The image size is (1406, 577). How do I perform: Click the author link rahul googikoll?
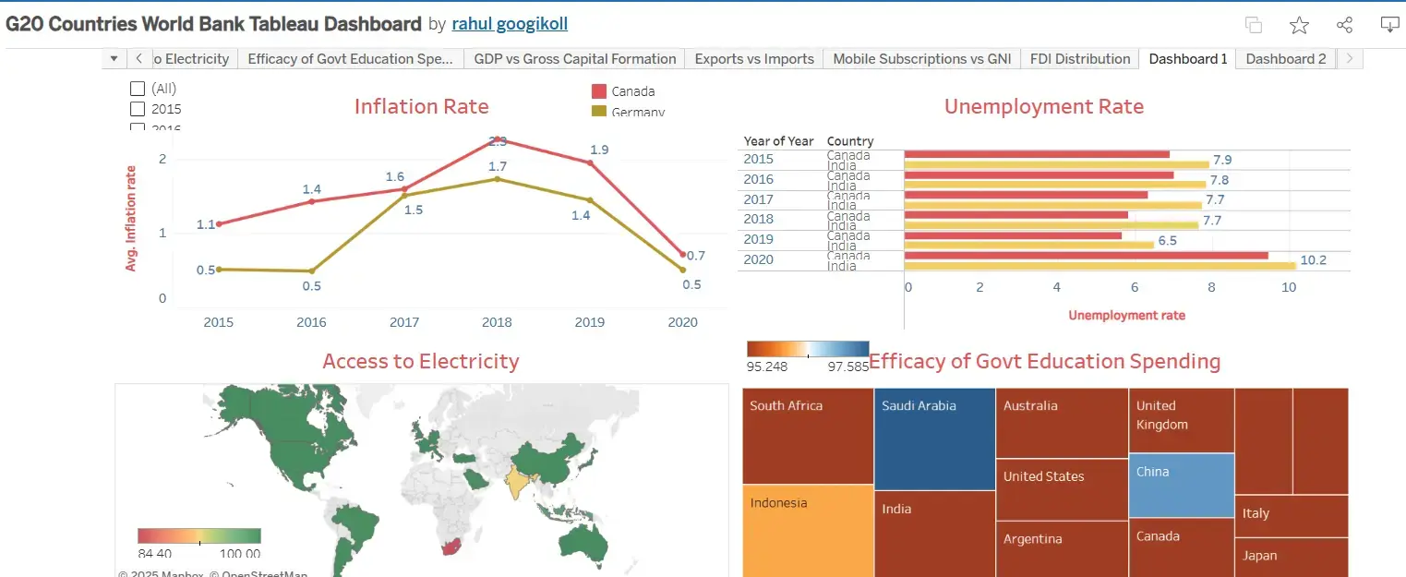[x=510, y=24]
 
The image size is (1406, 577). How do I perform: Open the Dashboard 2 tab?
[x=1285, y=59]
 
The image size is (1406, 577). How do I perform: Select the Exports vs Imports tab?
[x=753, y=59]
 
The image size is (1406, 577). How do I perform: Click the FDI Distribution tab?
[x=1079, y=59]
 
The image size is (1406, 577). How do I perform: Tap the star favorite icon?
[x=1299, y=25]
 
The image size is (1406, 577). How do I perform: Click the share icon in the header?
[x=1344, y=25]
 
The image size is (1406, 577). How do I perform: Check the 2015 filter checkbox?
[x=138, y=109]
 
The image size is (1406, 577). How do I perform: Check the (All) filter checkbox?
[x=138, y=89]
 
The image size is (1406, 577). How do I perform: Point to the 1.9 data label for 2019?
[x=599, y=150]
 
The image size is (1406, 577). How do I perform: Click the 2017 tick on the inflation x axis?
[x=404, y=322]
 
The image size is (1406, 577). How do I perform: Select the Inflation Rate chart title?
[x=421, y=106]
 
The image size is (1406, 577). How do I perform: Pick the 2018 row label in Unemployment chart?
[x=759, y=220]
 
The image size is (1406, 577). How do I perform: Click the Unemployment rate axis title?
[x=1126, y=315]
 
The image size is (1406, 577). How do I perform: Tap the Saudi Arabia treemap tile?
[x=933, y=439]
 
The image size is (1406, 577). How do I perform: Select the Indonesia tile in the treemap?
[x=807, y=531]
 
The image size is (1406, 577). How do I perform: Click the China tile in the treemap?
[x=1181, y=485]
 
